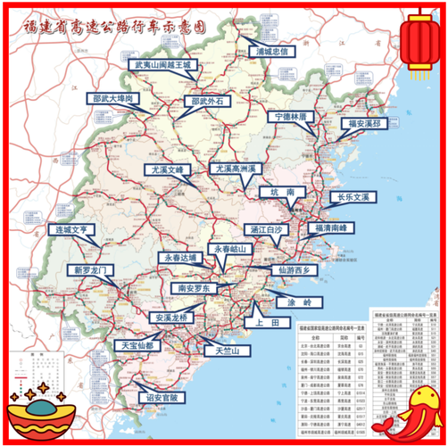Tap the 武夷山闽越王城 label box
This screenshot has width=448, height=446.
point(163,65)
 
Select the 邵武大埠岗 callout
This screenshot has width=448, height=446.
point(113,99)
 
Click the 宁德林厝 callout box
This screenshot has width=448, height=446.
point(291,117)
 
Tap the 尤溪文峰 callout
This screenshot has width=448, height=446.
point(169,169)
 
